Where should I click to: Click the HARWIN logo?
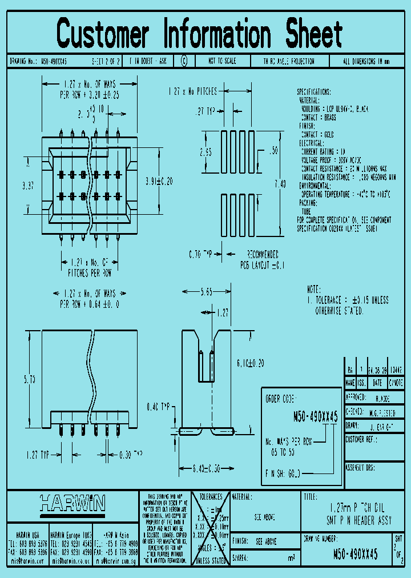click(72, 503)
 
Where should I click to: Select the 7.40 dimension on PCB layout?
click(280, 183)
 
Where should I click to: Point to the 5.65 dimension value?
click(206, 292)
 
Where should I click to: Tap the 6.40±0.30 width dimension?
click(206, 469)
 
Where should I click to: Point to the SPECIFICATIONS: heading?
click(321, 91)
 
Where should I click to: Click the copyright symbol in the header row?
click(184, 61)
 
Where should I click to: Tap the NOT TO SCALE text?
click(222, 61)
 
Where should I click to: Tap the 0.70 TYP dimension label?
click(202, 254)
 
